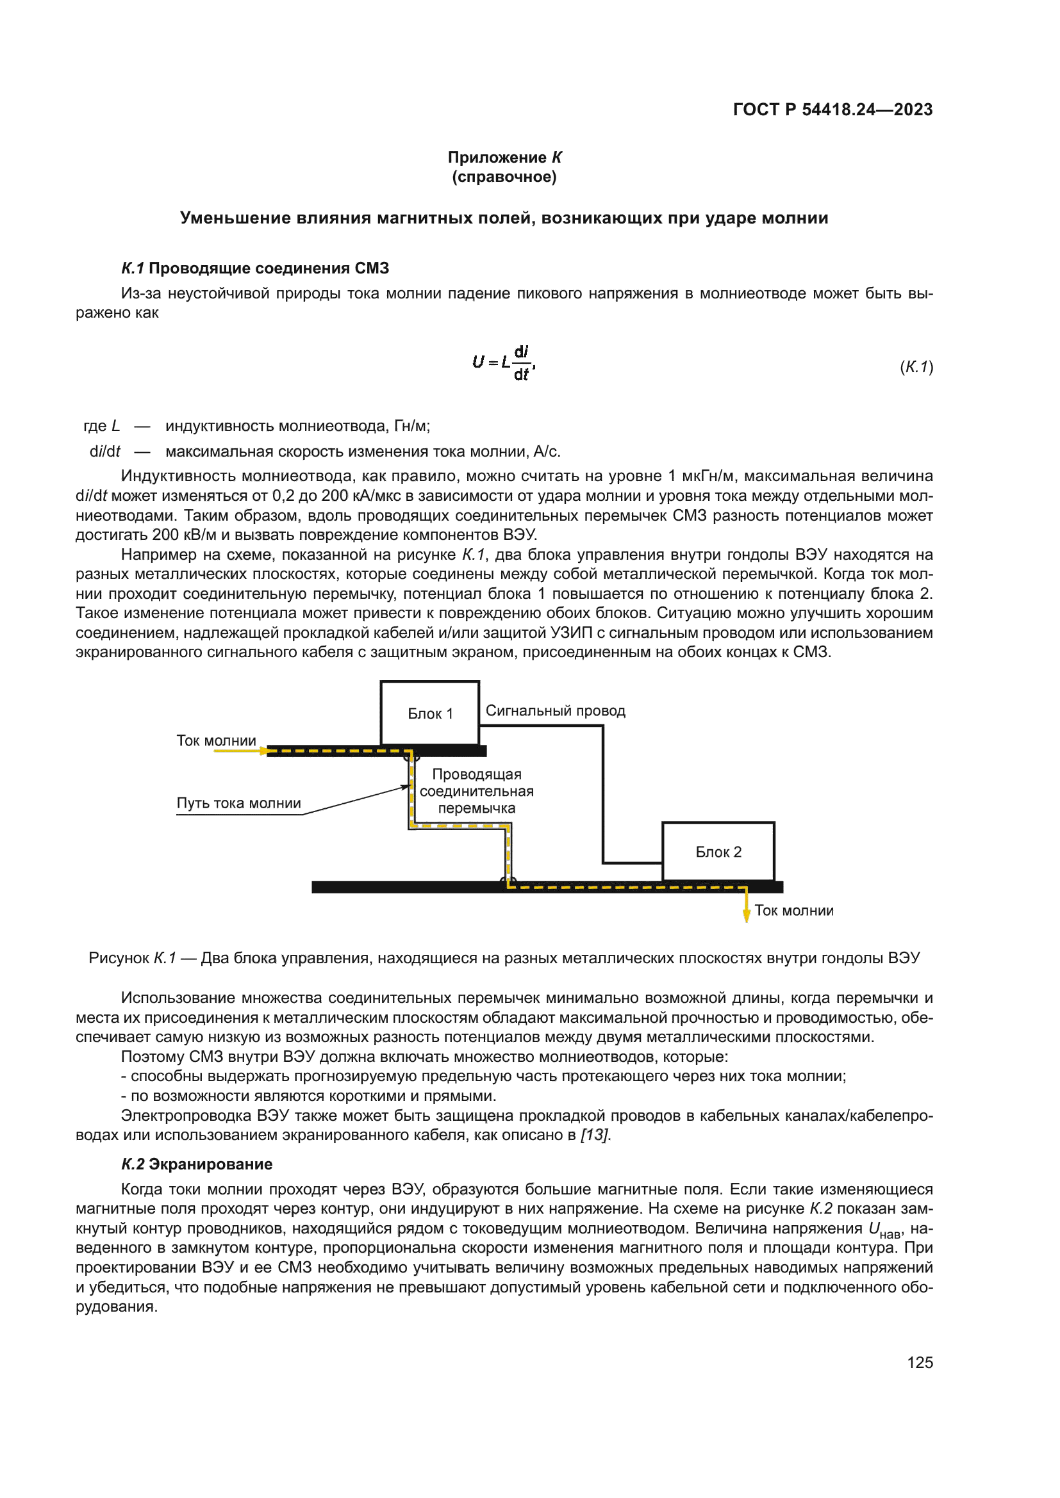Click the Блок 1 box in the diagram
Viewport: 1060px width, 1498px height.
tap(429, 712)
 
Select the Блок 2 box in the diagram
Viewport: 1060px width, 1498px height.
tap(718, 851)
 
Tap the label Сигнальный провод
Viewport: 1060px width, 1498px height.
tap(555, 710)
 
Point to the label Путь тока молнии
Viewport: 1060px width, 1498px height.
tap(239, 803)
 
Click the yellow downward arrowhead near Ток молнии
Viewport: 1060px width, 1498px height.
tap(746, 916)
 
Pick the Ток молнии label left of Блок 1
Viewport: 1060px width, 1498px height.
tap(216, 740)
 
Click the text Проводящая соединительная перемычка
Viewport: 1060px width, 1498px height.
tap(476, 791)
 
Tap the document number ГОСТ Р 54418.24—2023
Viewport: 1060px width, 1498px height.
tap(832, 110)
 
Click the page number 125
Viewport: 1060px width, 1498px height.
tap(919, 1362)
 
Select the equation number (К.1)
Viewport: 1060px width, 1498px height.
tap(916, 367)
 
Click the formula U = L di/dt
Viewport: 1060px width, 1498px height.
tap(503, 362)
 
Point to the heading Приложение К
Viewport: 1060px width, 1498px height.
tap(504, 158)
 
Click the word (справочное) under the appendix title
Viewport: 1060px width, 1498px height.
tap(504, 177)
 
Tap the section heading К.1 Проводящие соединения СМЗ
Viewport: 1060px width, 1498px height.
tap(254, 268)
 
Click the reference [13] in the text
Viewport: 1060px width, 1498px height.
tap(595, 1135)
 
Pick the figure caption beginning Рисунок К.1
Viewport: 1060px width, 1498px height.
tap(504, 957)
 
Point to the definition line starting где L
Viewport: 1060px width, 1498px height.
tap(256, 426)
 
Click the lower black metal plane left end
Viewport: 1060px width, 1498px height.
tap(326, 886)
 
